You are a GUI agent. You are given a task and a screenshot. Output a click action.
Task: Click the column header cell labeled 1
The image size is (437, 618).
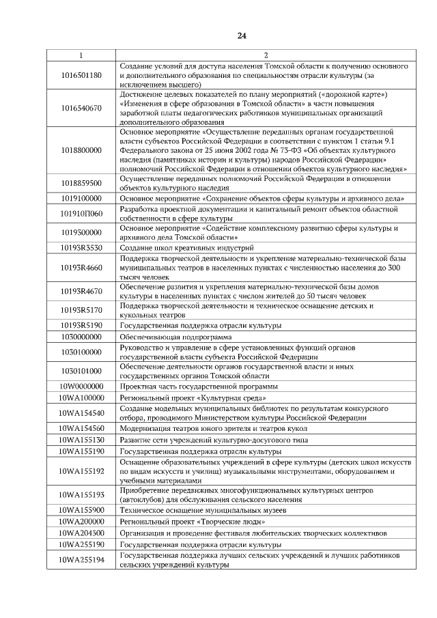click(x=81, y=55)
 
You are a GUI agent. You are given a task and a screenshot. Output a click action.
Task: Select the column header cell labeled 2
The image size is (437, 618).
click(x=266, y=55)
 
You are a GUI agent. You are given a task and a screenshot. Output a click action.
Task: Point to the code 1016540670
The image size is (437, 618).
click(x=81, y=108)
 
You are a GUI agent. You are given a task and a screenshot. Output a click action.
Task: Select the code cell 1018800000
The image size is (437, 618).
click(x=81, y=150)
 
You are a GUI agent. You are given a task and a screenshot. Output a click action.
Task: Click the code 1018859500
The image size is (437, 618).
click(x=81, y=183)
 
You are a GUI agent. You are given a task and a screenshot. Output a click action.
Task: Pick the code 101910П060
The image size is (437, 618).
click(x=81, y=213)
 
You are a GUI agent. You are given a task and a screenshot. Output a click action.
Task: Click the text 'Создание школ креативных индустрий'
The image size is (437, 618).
click(x=186, y=247)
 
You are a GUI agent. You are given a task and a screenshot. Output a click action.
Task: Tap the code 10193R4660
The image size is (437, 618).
click(x=81, y=268)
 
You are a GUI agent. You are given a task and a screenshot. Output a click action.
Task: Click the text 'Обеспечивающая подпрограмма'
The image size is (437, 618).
click(x=175, y=337)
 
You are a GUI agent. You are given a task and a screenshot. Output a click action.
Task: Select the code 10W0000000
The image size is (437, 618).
click(x=81, y=387)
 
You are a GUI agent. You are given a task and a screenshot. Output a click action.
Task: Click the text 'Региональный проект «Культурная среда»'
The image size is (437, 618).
click(x=193, y=397)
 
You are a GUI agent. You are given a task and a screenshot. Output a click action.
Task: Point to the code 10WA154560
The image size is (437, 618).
click(x=81, y=428)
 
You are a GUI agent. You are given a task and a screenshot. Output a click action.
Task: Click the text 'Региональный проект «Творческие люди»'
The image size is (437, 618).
click(x=193, y=521)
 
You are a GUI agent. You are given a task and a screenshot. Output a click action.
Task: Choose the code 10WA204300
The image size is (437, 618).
click(x=81, y=533)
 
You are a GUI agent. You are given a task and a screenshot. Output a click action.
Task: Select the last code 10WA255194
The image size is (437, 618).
click(x=81, y=561)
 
